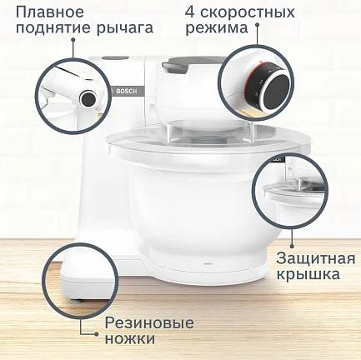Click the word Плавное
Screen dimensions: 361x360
pos(50,12)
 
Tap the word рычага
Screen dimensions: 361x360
pos(125,28)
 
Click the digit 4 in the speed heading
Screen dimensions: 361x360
pos(190,12)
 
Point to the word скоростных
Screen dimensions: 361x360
pos(247,13)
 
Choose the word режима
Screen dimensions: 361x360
pos(217,28)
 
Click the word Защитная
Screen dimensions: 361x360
pos(316,259)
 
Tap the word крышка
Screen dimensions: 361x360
pos(308,274)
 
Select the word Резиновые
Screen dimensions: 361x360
pos(149,322)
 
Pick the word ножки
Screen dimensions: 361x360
pos(130,339)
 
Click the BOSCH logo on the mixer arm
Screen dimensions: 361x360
pos(127,91)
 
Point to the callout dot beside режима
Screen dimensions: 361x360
pos(257,25)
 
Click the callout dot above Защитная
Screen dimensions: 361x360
pos(292,246)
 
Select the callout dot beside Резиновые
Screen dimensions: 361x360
pos(96,334)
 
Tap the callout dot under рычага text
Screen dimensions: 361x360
pos(73,41)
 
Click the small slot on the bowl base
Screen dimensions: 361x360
pos(208,263)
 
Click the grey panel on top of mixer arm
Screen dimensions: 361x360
pos(116,58)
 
